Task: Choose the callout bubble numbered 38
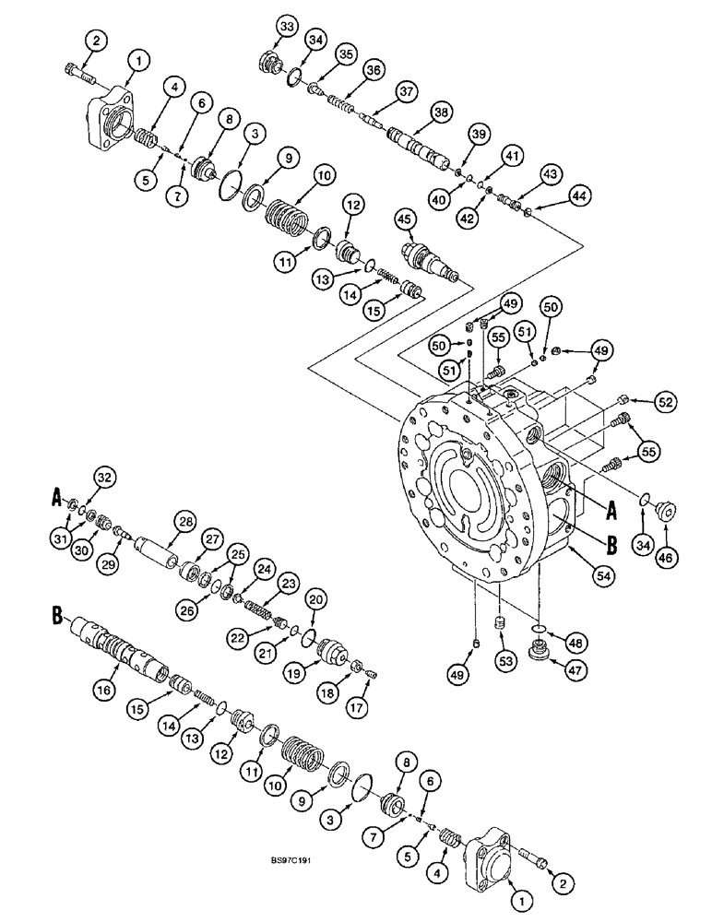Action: [441, 113]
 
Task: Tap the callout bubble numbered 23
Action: [290, 583]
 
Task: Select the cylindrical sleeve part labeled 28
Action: [158, 561]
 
